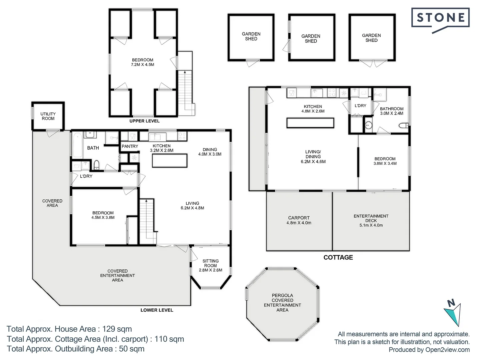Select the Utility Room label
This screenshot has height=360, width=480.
(48, 116)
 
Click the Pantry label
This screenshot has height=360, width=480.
(130, 146)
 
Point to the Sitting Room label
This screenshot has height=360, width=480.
(210, 263)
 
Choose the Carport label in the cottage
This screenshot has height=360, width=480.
(299, 218)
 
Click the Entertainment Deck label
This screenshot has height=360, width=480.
(371, 218)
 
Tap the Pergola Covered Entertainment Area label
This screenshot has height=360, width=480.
(282, 303)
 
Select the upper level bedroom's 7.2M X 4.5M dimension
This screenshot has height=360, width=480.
(143, 65)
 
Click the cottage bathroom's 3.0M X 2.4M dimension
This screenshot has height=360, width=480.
(392, 113)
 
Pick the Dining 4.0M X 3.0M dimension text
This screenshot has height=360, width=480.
(210, 154)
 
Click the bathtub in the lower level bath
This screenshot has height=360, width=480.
(77, 145)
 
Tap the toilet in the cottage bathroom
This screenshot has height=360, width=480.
(404, 125)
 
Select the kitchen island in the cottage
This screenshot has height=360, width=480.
(310, 123)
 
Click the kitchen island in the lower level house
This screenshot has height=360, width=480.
(170, 161)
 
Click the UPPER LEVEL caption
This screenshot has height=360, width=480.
(144, 121)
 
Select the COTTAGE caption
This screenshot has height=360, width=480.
(338, 257)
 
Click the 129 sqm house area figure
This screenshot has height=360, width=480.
(117, 329)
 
